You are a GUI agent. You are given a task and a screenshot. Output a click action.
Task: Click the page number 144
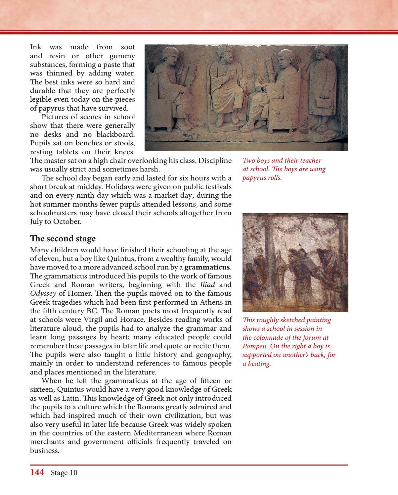pyautogui.click(x=37, y=472)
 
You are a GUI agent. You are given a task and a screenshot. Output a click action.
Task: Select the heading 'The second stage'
pyautogui.click(x=63, y=238)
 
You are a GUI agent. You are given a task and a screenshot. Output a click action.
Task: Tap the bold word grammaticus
pyautogui.click(x=207, y=267)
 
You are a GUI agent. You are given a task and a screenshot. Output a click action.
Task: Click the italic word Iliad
pyautogui.click(x=207, y=285)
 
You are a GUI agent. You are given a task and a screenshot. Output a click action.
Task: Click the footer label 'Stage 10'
pyautogui.click(x=64, y=473)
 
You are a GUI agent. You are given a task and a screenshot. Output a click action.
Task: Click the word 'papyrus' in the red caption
pyautogui.click(x=253, y=178)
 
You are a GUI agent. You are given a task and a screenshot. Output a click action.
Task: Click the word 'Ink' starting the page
pyautogui.click(x=35, y=47)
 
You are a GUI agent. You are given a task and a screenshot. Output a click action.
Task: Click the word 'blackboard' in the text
pyautogui.click(x=115, y=134)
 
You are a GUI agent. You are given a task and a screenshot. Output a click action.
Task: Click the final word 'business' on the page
pyautogui.click(x=44, y=451)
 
